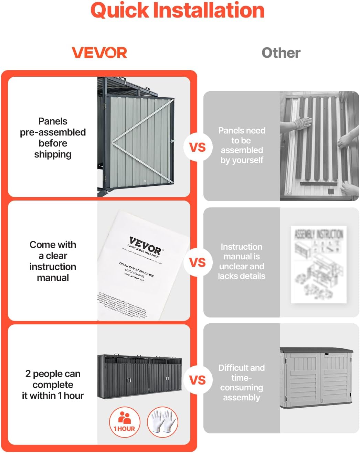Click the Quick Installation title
[x=177, y=10]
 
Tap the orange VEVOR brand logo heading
[x=99, y=53]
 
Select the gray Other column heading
[x=281, y=53]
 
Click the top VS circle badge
[x=198, y=147]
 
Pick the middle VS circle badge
[x=198, y=262]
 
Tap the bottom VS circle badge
[x=198, y=380]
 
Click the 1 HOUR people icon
[x=125, y=422]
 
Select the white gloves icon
[x=162, y=422]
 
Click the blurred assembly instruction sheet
[x=318, y=264]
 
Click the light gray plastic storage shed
[x=316, y=378]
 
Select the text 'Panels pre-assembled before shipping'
[x=53, y=138]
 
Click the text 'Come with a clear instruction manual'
[x=53, y=261]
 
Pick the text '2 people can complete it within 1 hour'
[x=53, y=385]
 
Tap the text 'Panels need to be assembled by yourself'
[x=242, y=145]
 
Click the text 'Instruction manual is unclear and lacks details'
[x=242, y=261]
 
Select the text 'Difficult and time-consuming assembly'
[x=242, y=382]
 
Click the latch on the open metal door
[x=172, y=141]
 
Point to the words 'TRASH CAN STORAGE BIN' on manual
[x=136, y=269]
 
